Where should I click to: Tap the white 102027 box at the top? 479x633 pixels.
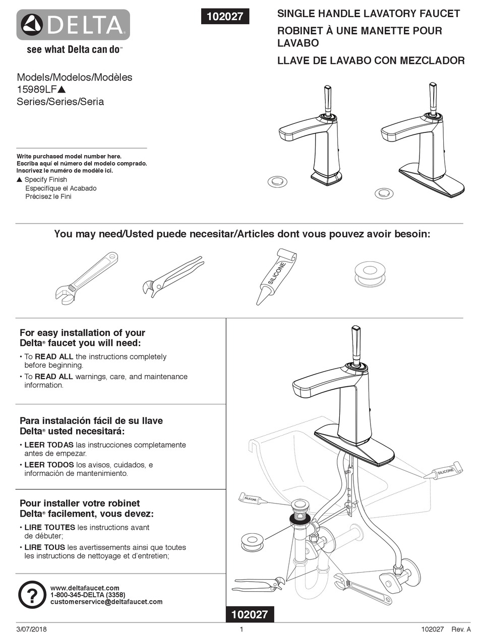tap(224, 16)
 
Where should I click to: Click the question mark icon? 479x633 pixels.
tap(32, 595)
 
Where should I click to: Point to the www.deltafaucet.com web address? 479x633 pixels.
tap(85, 588)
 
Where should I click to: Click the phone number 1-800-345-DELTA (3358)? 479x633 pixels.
tap(88, 595)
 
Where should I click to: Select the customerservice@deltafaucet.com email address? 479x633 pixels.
tap(106, 602)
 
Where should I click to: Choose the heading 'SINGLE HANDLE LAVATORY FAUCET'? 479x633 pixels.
tap(369, 14)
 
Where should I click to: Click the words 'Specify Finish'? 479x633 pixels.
tap(46, 180)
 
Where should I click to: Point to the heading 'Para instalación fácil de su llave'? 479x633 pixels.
tap(91, 420)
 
